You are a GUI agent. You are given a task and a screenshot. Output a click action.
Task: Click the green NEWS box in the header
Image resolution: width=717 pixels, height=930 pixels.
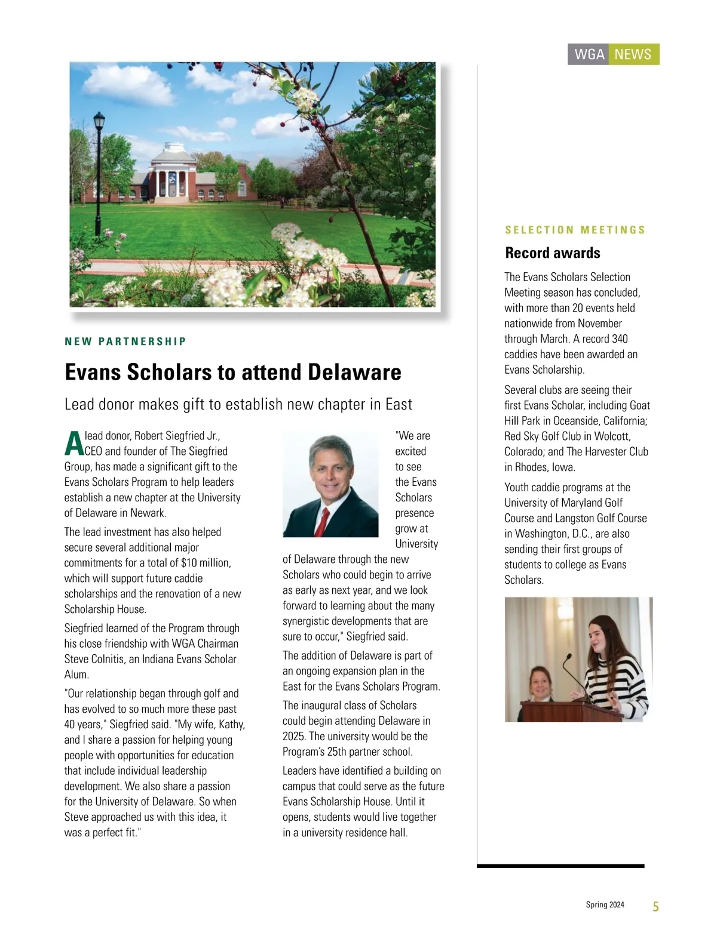click(633, 54)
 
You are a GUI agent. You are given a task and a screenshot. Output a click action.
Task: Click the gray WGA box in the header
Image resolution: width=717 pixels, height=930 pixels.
click(589, 54)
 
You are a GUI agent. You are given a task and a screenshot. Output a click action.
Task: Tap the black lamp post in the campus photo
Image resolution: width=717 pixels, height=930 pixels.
click(99, 161)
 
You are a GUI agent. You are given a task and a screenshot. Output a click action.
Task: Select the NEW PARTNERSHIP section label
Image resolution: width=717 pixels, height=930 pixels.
click(125, 341)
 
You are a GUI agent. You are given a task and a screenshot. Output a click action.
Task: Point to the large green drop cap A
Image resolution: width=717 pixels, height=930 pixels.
click(73, 443)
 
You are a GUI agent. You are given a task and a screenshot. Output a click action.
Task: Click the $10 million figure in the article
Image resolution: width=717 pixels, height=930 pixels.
click(206, 563)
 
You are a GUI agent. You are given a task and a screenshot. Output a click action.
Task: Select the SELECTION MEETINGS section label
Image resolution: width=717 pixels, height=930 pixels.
click(575, 230)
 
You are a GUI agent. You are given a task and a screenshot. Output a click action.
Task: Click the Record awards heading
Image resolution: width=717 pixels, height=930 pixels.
click(553, 252)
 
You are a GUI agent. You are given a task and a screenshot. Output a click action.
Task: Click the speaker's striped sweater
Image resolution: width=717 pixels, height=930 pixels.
click(615, 680)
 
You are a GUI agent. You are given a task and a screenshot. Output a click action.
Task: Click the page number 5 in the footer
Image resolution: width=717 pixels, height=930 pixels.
click(655, 907)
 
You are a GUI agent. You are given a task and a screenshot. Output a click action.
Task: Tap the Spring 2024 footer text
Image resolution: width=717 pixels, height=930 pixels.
click(605, 905)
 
